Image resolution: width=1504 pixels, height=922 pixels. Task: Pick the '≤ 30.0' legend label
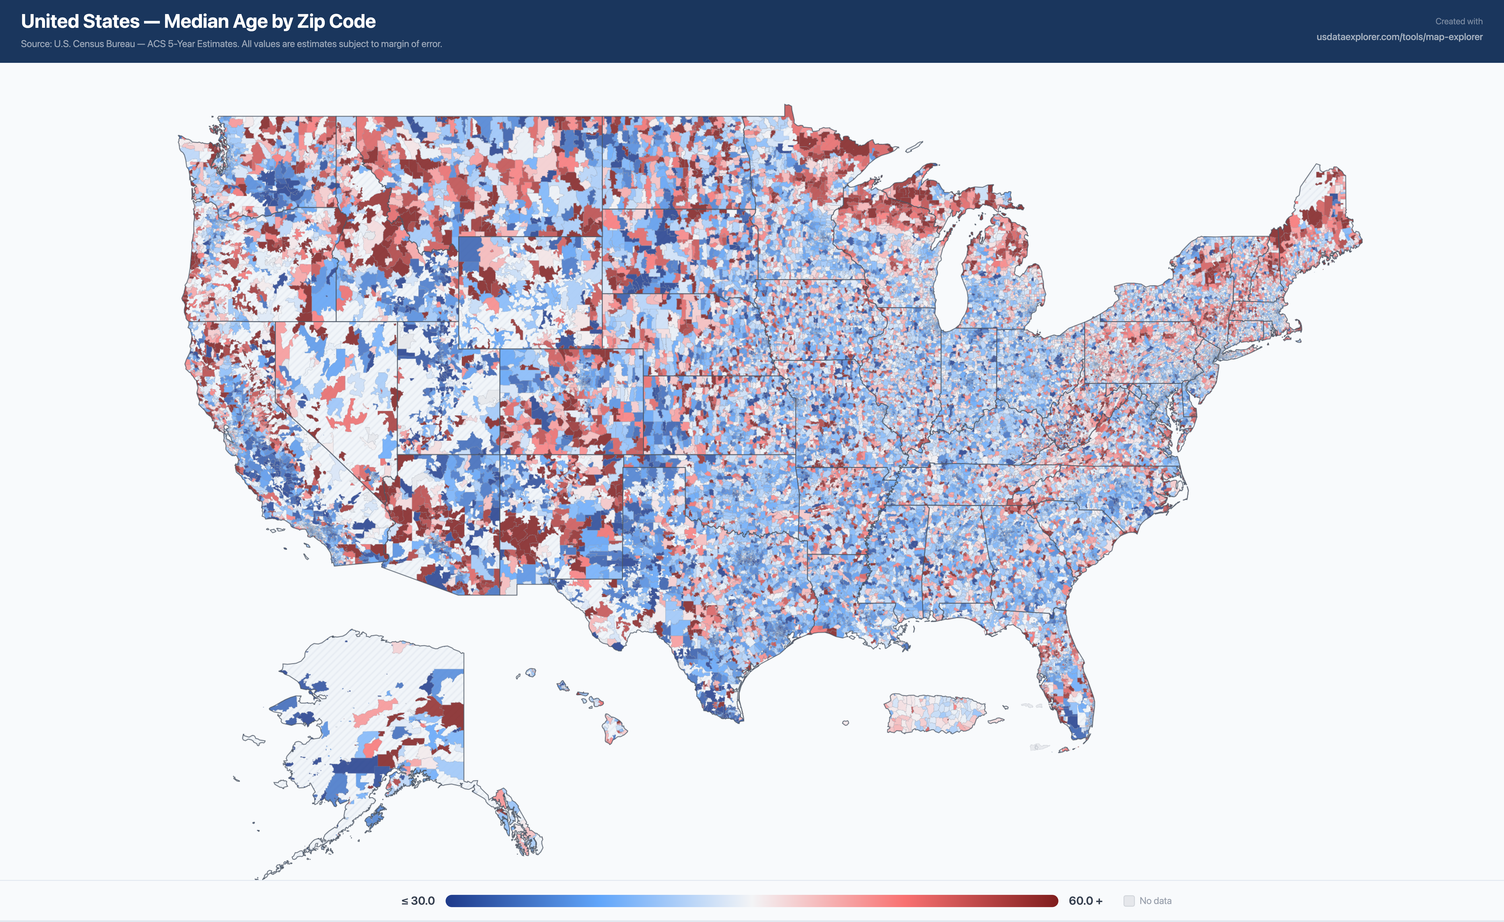[x=418, y=901]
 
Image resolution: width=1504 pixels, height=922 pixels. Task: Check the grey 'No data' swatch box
[x=1129, y=901]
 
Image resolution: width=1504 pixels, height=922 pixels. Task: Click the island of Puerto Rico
[x=934, y=713]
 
